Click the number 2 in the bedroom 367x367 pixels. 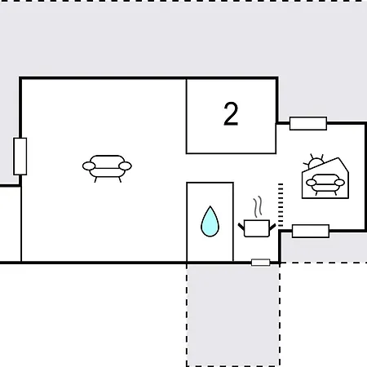(231, 114)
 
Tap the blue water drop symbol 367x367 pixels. (210, 221)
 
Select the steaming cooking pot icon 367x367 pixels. (257, 217)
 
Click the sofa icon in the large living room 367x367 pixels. (107, 168)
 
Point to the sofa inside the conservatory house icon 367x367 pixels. (325, 184)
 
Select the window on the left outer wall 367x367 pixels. (20, 157)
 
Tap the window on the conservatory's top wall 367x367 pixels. (308, 123)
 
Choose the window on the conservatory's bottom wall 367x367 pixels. (311, 231)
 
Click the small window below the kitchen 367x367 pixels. (261, 263)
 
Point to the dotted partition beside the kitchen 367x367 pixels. (281, 206)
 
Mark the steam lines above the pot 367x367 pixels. (259, 206)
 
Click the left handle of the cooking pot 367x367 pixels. (241, 226)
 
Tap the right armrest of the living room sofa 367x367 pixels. (125, 166)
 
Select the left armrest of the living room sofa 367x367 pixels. (89, 166)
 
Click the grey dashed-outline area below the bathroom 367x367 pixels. (233, 315)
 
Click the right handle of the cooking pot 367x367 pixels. (272, 226)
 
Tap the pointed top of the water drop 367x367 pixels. (210, 206)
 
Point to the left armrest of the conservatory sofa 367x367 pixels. (311, 183)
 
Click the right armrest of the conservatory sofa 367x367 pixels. (339, 183)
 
